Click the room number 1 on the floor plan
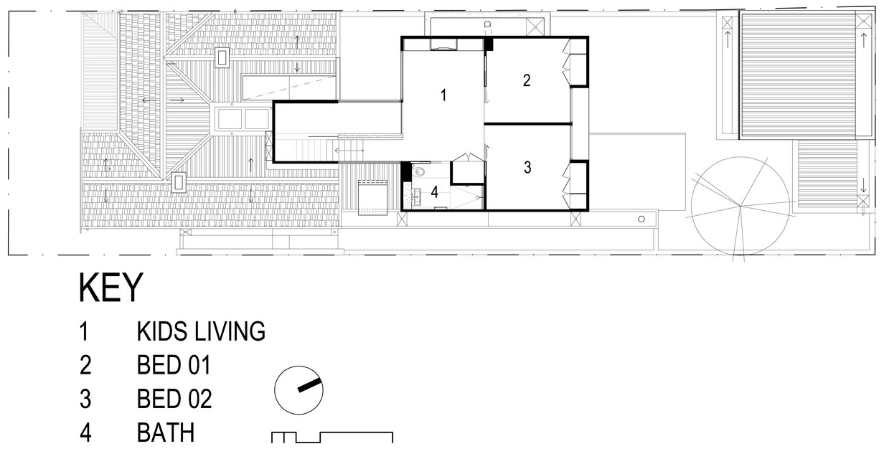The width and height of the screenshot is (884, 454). point(443,95)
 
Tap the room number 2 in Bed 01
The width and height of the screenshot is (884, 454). point(527,80)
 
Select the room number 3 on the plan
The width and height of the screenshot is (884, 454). point(527,167)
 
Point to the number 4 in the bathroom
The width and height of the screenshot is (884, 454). point(435,192)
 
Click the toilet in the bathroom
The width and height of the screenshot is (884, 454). point(419,171)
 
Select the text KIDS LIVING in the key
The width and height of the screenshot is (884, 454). point(201,331)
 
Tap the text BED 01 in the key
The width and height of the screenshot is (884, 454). point(174,365)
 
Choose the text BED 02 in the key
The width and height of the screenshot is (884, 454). point(174,399)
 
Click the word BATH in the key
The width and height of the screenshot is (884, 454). point(166,432)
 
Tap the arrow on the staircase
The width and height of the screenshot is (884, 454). point(349,151)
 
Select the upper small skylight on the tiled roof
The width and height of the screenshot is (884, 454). point(222,58)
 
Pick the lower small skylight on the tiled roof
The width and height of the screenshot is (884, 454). point(179,183)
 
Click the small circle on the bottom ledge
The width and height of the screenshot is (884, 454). point(641,219)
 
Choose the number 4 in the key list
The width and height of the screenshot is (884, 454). point(85,432)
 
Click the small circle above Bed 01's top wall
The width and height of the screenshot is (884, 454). point(487,24)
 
